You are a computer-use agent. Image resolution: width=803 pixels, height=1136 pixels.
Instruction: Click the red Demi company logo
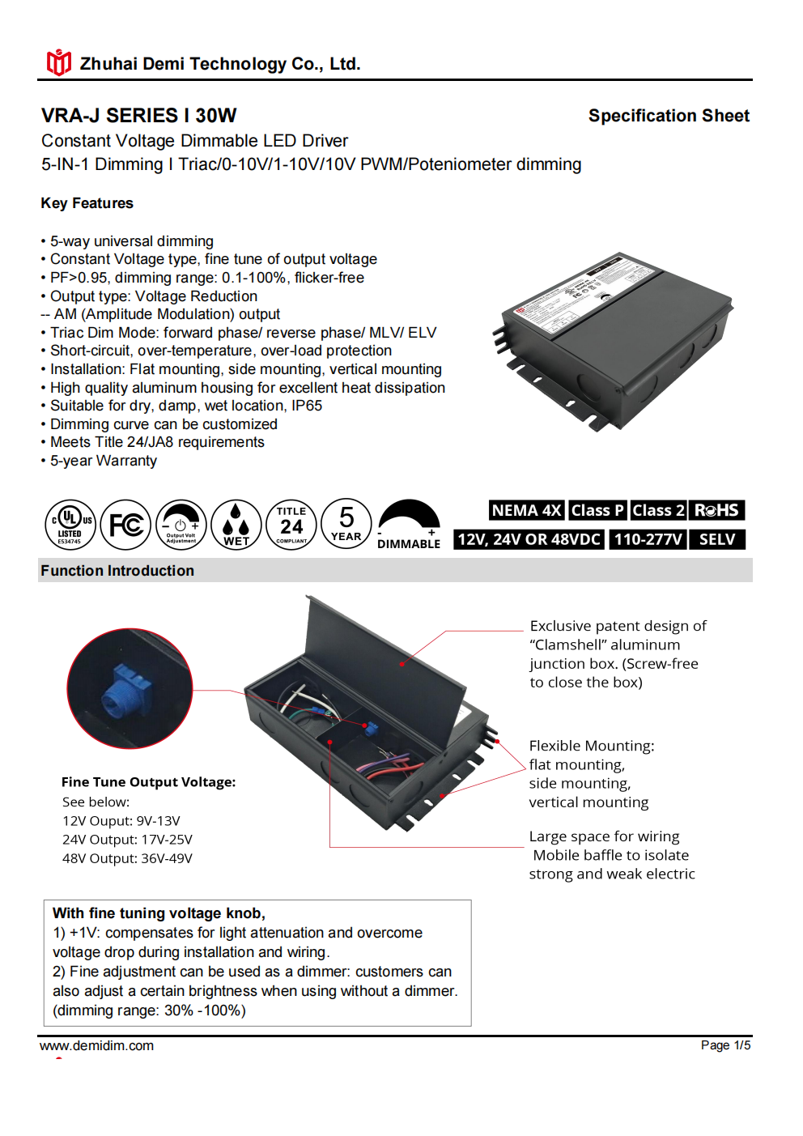coord(58,62)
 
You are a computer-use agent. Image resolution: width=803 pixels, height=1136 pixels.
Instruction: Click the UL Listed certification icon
coord(70,525)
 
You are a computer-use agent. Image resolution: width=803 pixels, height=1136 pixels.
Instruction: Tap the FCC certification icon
coord(125,525)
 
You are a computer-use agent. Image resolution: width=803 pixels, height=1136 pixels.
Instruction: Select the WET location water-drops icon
coord(236,525)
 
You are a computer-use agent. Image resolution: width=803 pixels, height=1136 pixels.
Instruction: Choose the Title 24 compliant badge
coord(291,525)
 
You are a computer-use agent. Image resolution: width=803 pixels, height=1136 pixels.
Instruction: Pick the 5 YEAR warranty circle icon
coord(346,524)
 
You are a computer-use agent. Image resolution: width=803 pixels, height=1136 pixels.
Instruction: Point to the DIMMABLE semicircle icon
coord(409,525)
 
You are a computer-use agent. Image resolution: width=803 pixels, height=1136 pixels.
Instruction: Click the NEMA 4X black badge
coord(526,510)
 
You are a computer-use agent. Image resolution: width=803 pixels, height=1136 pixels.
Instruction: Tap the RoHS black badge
coord(716,510)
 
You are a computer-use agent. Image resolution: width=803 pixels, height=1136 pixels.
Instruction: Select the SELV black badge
coord(717,539)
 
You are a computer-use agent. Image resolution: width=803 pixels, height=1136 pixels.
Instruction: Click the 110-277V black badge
coord(648,539)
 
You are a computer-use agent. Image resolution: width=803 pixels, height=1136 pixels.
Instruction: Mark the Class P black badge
coord(597,510)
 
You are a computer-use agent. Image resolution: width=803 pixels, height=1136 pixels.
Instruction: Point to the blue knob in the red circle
coord(122,690)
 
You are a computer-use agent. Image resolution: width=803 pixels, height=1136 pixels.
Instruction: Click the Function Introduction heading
coord(117,571)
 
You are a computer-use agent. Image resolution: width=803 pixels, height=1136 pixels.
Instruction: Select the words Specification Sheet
coord(669,116)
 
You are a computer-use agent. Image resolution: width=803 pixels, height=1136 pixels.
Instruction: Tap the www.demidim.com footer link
coord(96,1045)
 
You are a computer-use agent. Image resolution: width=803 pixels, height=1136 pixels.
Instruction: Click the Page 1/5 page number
coord(725,1045)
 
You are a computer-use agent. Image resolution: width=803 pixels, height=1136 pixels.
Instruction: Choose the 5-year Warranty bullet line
coord(104,461)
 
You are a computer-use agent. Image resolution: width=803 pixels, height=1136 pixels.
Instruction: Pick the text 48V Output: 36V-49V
coord(127,858)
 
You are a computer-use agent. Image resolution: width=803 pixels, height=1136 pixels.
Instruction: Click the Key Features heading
coord(87,203)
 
